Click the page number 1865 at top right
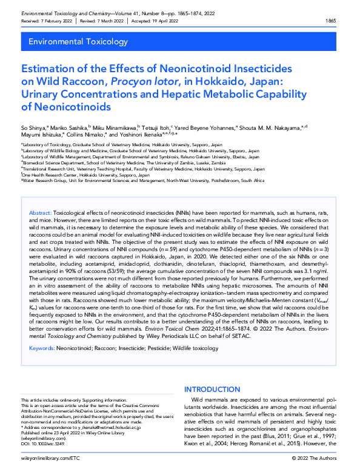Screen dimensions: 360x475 point(332,21)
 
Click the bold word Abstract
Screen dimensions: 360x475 point(41,214)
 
